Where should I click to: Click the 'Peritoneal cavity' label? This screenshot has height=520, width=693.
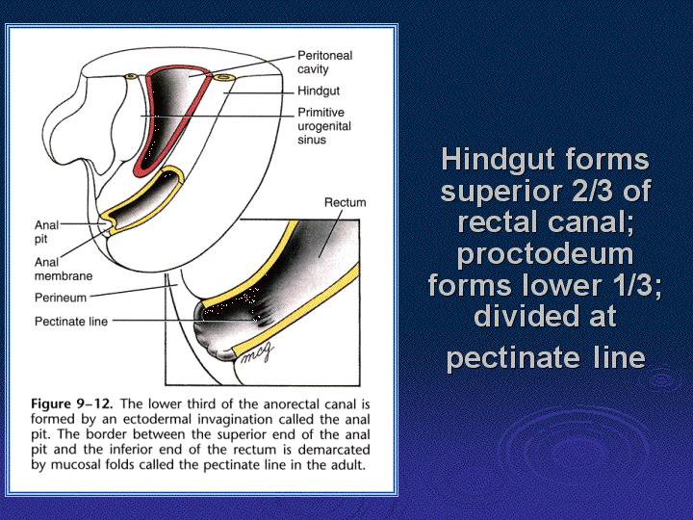click(325, 63)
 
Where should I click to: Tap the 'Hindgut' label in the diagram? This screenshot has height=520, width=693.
click(319, 91)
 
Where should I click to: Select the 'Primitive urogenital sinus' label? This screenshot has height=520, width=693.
click(324, 126)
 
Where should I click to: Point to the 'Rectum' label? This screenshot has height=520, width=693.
click(346, 202)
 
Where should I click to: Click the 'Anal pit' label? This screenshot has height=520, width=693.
click(46, 232)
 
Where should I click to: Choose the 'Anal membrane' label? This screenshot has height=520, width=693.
click(64, 269)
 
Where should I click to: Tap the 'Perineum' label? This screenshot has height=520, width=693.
click(61, 298)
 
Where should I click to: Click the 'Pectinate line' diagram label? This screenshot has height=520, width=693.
click(71, 322)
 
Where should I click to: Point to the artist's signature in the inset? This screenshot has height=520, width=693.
click(257, 352)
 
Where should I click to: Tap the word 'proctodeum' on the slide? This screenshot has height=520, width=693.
click(545, 255)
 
